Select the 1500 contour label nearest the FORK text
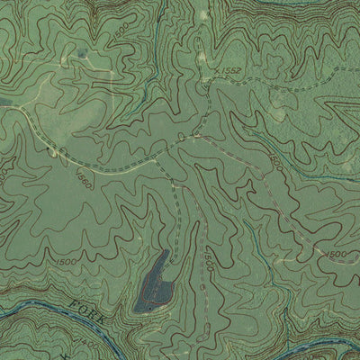[66, 261]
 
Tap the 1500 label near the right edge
[336, 255]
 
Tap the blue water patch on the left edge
[4, 102]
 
